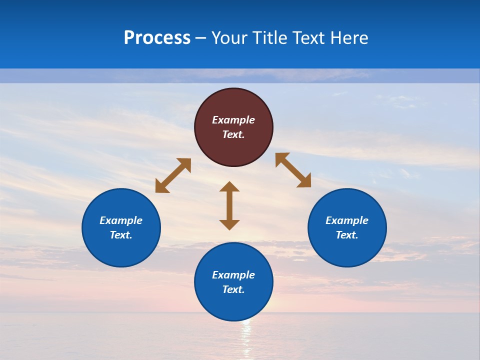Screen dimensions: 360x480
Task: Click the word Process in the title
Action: [x=157, y=38]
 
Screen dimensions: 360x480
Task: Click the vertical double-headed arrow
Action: [x=229, y=205]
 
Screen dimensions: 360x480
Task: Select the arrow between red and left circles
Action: [x=173, y=175]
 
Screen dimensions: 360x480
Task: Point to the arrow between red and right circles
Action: [x=293, y=170]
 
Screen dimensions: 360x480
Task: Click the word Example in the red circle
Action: [x=233, y=120]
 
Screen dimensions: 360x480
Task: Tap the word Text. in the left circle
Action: [x=121, y=235]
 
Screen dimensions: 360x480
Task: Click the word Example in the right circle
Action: [x=347, y=220]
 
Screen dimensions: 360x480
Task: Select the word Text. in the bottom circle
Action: [x=233, y=289]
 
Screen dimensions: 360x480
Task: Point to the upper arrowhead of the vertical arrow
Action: [x=229, y=187]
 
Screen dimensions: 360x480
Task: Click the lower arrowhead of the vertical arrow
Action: [x=229, y=224]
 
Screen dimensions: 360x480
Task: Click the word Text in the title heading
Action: [x=308, y=38]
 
